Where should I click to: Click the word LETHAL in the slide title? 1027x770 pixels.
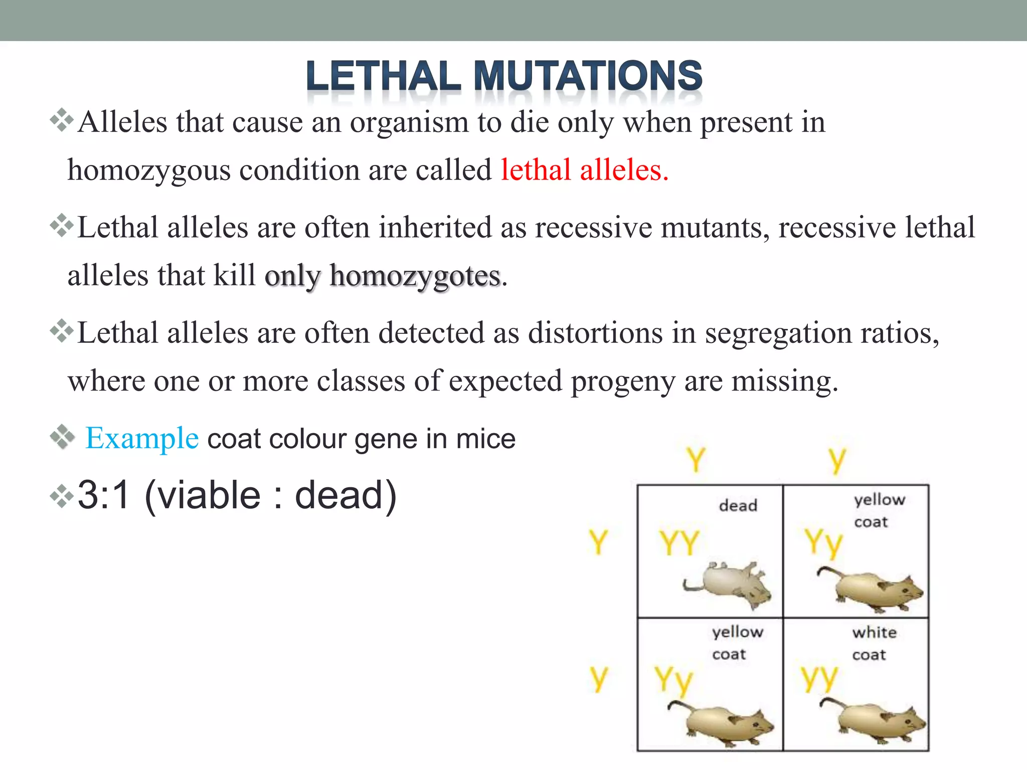[384, 76]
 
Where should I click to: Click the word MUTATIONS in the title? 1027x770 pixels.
[588, 76]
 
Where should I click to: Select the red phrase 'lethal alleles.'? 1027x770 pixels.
[585, 170]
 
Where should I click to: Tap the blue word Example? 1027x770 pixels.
[142, 438]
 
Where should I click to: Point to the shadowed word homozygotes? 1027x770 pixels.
[415, 276]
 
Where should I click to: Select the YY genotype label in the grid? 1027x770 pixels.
[679, 542]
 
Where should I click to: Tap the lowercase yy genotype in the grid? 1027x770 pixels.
[818, 678]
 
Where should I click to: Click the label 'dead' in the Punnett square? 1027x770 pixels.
[738, 505]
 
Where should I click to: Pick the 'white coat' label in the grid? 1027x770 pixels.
[874, 643]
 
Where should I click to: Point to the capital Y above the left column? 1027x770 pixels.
[696, 459]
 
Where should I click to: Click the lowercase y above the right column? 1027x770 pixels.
[837, 460]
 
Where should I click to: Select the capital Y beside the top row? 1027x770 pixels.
[598, 542]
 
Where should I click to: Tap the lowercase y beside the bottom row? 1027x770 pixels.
[598, 678]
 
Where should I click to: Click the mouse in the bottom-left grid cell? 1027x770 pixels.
[722, 722]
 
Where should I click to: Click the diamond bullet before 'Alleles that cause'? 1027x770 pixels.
[62, 121]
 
